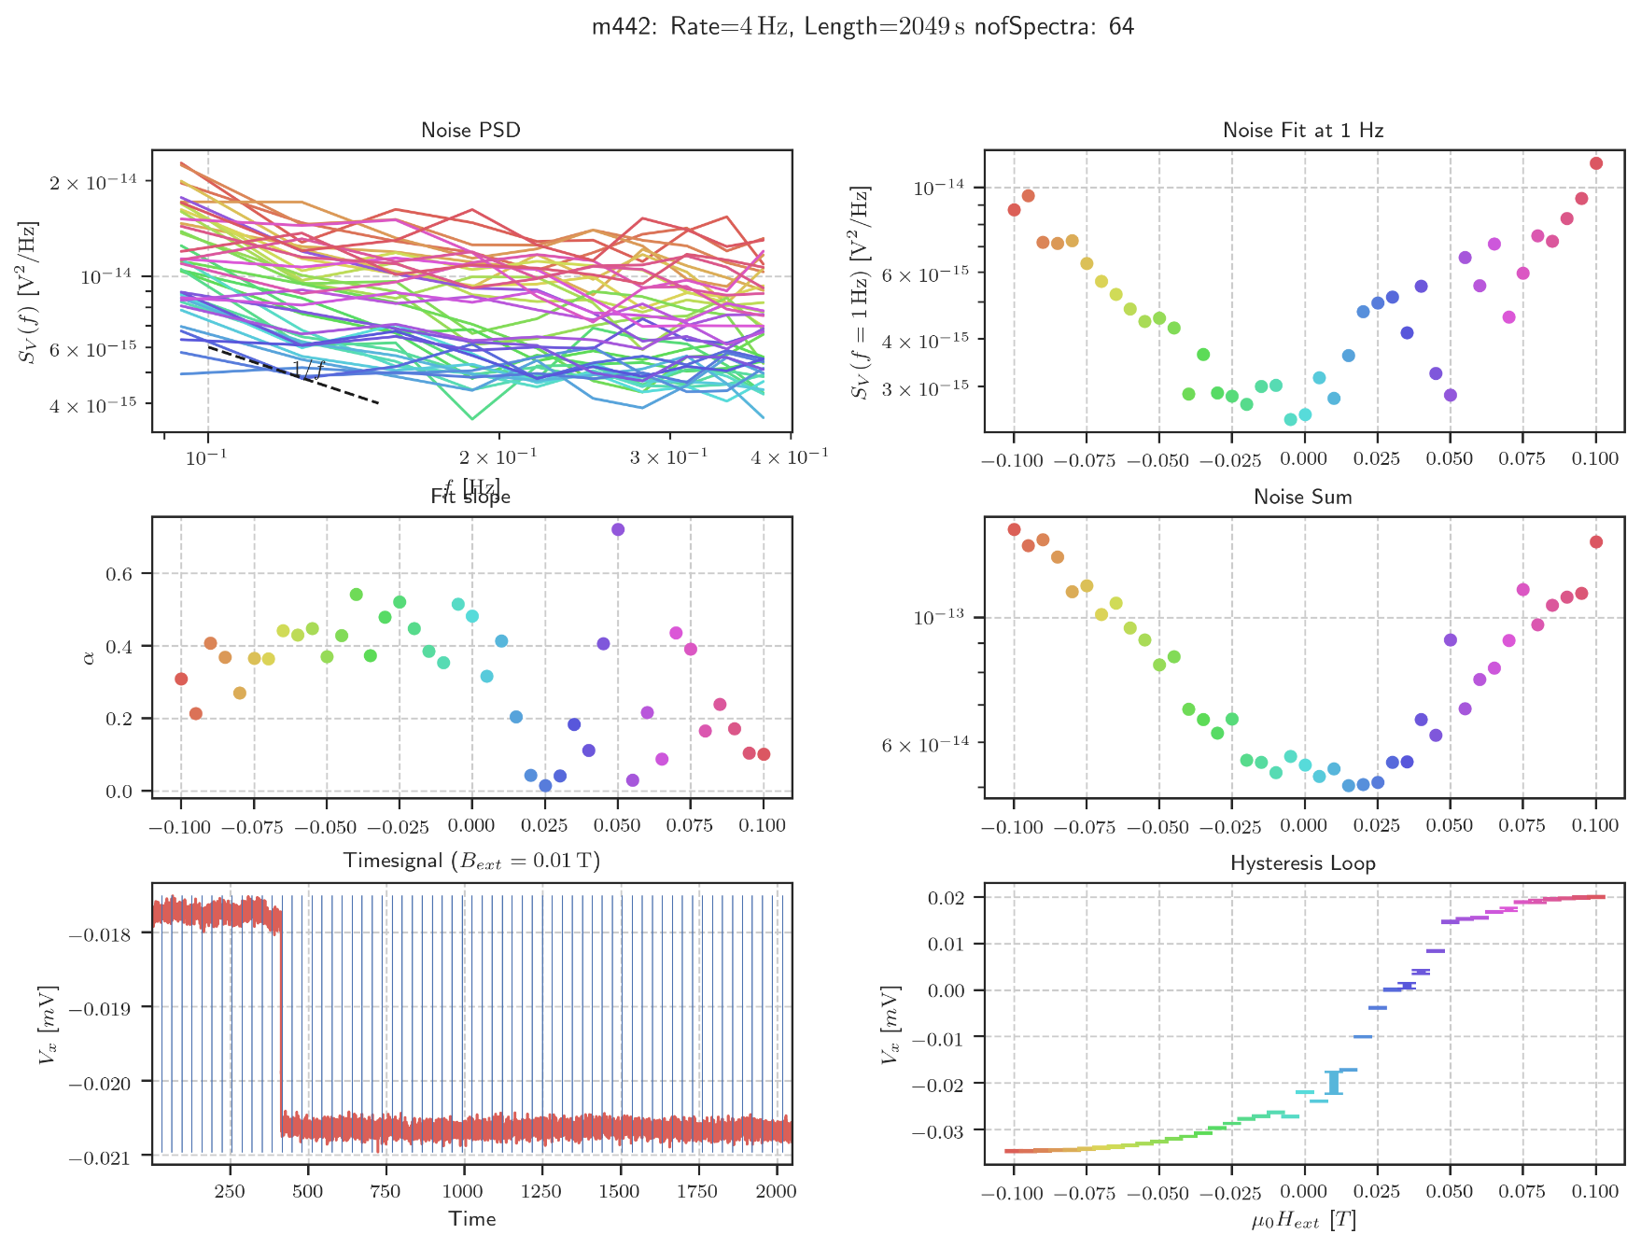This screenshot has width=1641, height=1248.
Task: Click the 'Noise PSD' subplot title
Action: pos(470,131)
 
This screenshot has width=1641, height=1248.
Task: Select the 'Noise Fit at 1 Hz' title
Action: pos(1303,131)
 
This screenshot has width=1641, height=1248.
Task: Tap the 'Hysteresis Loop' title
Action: pos(1303,863)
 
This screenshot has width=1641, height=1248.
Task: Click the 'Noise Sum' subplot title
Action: pos(1303,498)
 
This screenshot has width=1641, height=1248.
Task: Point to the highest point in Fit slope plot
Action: pos(618,529)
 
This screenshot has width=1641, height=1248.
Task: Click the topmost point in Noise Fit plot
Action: pos(1596,163)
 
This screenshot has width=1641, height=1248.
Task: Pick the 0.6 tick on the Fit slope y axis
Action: pos(119,574)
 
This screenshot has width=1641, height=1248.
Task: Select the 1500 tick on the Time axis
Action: pos(619,1192)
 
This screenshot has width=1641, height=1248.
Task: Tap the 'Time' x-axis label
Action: pos(471,1219)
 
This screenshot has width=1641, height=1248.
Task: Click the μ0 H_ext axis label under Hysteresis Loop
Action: pos(1303,1220)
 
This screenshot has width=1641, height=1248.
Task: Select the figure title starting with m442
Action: pos(863,27)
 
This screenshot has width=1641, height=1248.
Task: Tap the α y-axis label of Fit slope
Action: pos(90,657)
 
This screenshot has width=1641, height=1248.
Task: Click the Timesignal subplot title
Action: pos(471,861)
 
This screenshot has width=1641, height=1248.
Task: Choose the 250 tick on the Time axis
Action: pos(230,1192)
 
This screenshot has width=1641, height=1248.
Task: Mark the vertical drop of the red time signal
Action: pos(281,1027)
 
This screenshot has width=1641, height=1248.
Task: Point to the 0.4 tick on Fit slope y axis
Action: pos(119,647)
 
